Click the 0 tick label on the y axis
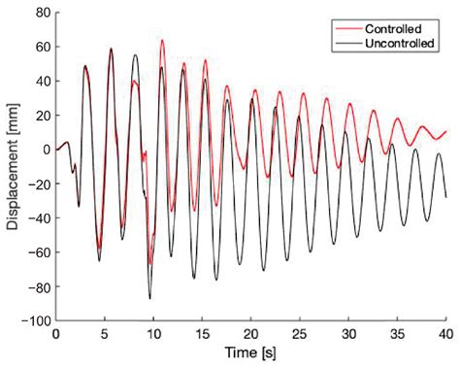pyautogui.click(x=44, y=150)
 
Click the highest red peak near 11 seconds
pyautogui.click(x=162, y=41)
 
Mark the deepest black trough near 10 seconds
pyautogui.click(x=150, y=297)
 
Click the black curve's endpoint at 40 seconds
pyautogui.click(x=446, y=197)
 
